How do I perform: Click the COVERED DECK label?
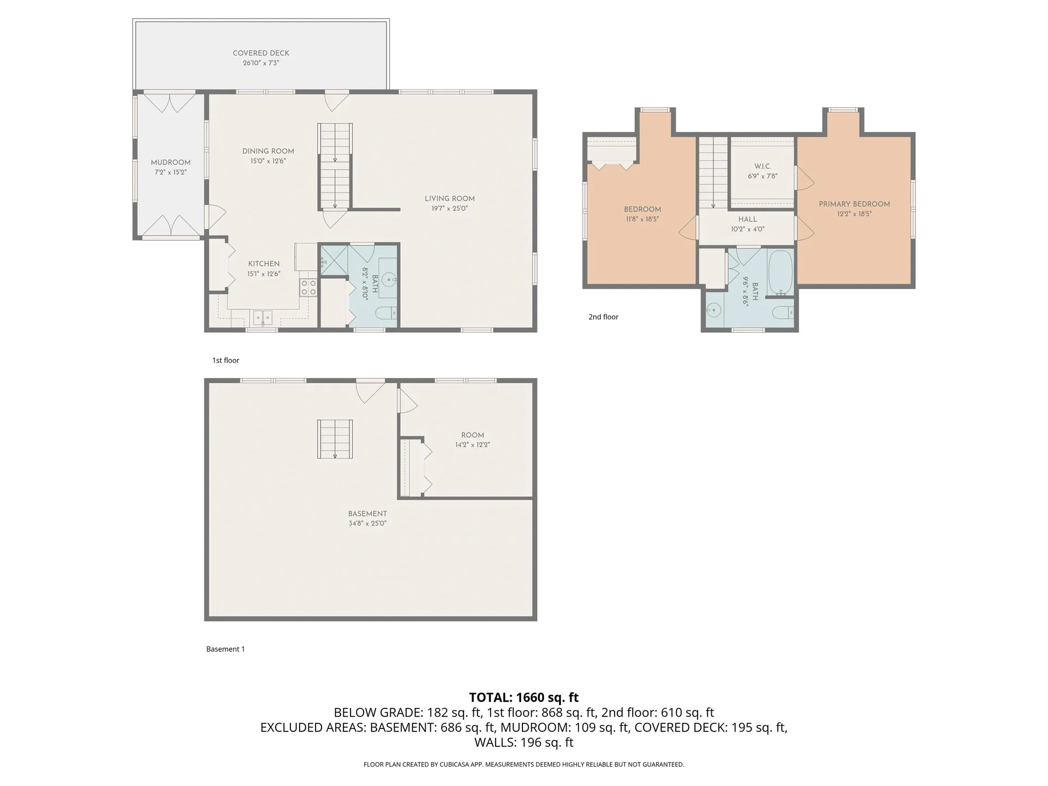(261, 53)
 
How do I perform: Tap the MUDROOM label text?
(170, 163)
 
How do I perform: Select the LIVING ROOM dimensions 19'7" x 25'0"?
(449, 209)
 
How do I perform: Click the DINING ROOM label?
(268, 151)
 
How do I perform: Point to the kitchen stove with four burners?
(308, 287)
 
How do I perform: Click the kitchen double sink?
(263, 317)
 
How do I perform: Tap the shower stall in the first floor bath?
(334, 259)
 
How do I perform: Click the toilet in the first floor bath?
(388, 313)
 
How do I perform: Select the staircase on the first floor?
(335, 166)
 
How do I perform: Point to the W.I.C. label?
(763, 166)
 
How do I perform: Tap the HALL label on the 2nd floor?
(747, 219)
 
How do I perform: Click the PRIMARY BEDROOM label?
(854, 204)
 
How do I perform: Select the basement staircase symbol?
(335, 439)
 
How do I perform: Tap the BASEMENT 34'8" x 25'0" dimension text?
(367, 523)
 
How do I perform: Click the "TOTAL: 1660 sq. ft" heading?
(523, 698)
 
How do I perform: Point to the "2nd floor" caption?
(603, 317)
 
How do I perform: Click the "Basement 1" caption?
(225, 649)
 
